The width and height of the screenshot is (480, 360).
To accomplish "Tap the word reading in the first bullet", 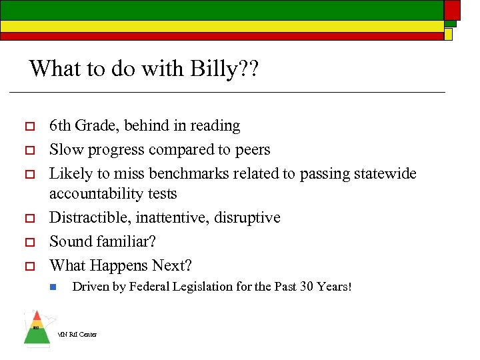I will point(215,126).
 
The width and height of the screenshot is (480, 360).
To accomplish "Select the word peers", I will point(251,150).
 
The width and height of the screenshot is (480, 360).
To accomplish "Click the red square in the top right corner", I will point(452,9).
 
